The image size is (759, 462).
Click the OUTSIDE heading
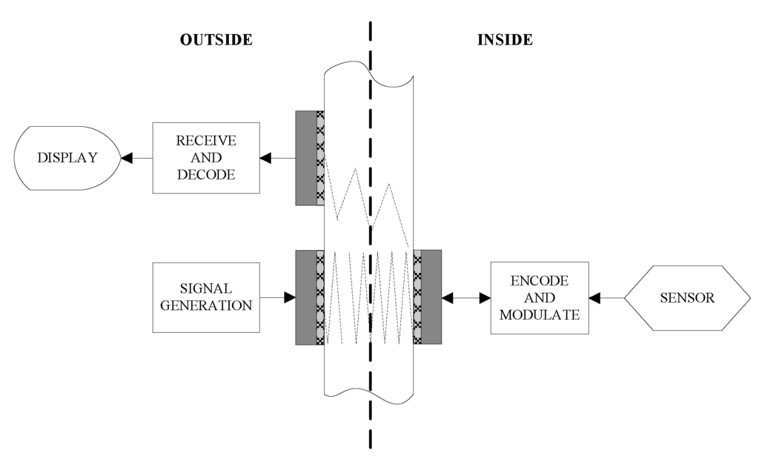[x=216, y=40]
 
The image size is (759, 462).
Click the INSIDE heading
[x=504, y=40]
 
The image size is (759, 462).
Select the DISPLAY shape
[x=67, y=157]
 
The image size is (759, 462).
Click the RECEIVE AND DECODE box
[x=206, y=157]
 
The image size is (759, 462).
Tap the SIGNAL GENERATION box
[x=206, y=297]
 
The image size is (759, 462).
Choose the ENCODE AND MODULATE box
[x=540, y=297]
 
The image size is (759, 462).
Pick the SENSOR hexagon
[x=686, y=297]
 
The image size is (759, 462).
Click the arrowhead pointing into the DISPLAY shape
[x=127, y=157]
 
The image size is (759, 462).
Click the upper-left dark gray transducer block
[x=305, y=157]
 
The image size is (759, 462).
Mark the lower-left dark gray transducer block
[x=305, y=297]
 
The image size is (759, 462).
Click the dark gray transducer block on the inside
[x=431, y=297]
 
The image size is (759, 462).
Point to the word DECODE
[x=206, y=175]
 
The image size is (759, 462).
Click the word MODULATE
[x=540, y=314]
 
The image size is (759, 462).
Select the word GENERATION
[x=206, y=305]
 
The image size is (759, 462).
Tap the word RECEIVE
[x=206, y=140]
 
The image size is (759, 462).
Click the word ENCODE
[x=540, y=281]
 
